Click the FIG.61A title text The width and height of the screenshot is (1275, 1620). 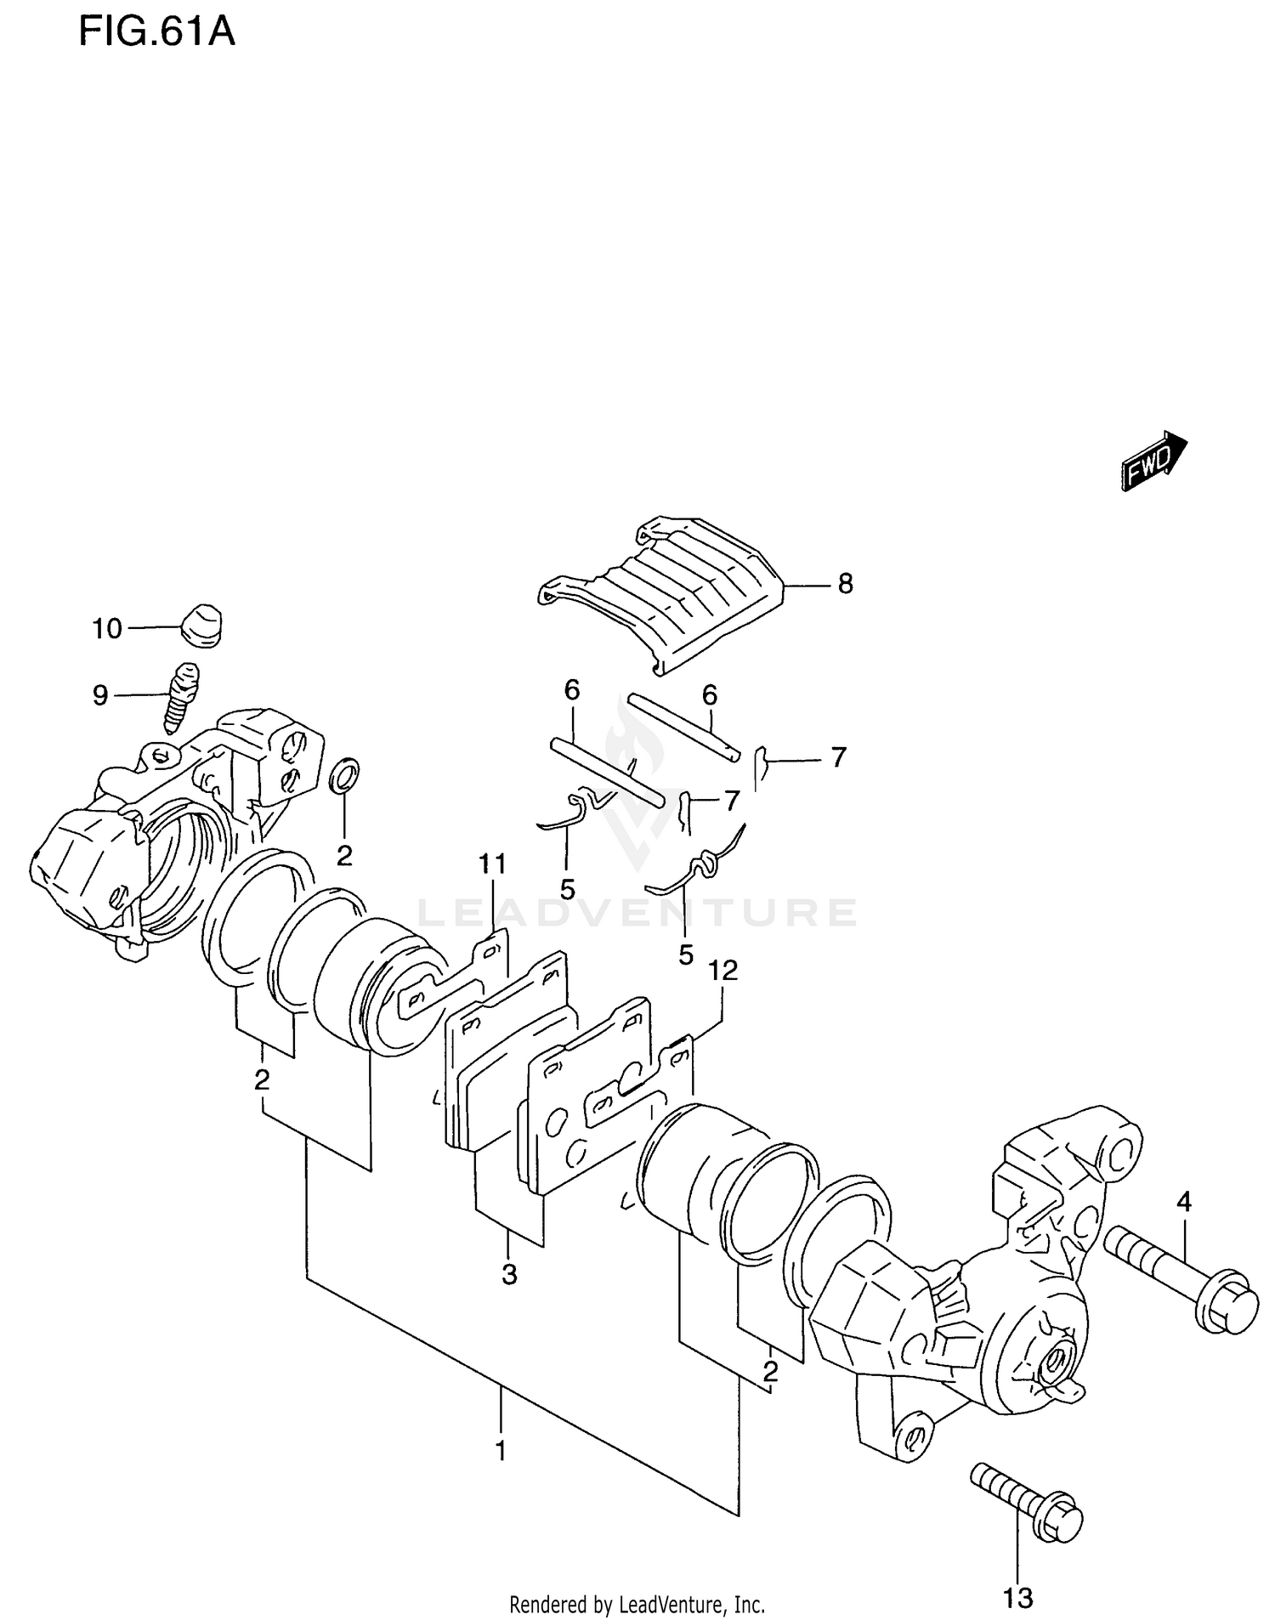pyautogui.click(x=156, y=32)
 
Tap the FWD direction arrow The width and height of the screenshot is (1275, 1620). pyautogui.click(x=1153, y=461)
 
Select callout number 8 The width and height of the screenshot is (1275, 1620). pyautogui.click(x=844, y=584)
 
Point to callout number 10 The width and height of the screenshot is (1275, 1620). pyautogui.click(x=107, y=629)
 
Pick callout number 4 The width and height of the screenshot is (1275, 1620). pyautogui.click(x=1183, y=1202)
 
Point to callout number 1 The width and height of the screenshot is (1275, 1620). pyautogui.click(x=501, y=1451)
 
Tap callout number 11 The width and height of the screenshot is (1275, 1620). pyautogui.click(x=492, y=864)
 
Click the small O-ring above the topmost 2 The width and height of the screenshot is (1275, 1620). pyautogui.click(x=344, y=775)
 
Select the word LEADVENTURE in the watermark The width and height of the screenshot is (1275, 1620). pyautogui.click(x=637, y=913)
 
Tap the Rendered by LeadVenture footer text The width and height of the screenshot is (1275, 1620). pyautogui.click(x=637, y=1605)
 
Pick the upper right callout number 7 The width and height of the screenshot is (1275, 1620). pyautogui.click(x=838, y=756)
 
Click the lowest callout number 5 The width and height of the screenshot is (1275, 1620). pyautogui.click(x=685, y=954)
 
